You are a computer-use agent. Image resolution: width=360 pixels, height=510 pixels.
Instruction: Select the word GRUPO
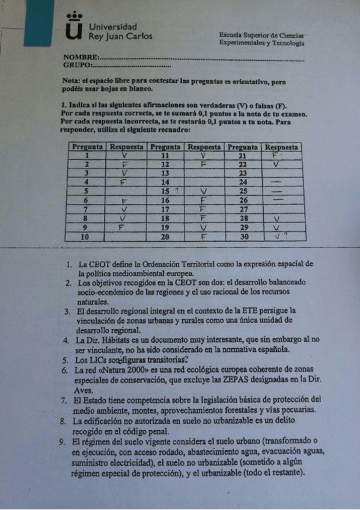point(77,64)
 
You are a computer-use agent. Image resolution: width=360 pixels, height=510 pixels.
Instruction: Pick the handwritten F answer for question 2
point(125,164)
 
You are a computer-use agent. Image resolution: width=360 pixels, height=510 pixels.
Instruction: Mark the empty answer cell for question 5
point(125,191)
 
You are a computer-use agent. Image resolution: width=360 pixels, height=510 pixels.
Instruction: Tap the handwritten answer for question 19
point(204,227)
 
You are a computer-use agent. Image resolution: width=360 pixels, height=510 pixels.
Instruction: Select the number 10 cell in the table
point(87,237)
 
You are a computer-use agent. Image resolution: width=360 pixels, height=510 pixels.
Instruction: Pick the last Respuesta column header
point(281,147)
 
